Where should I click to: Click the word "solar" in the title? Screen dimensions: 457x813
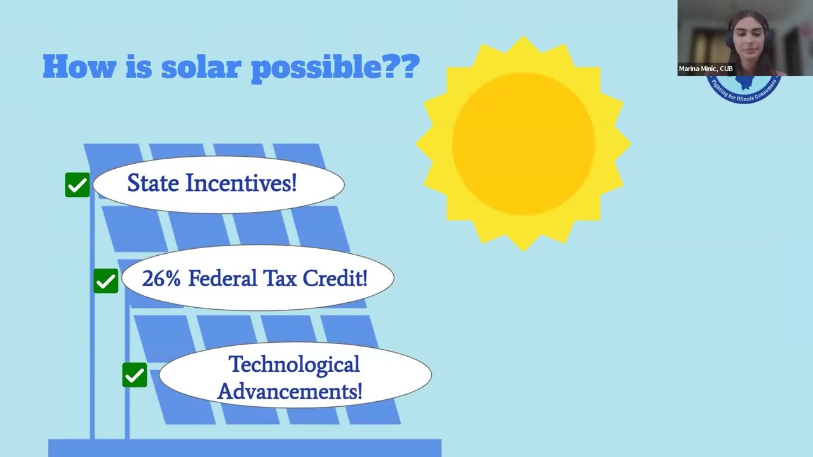[x=202, y=67]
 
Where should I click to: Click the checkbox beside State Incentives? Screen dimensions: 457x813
[x=77, y=185]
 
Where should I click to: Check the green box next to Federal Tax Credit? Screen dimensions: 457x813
[x=106, y=281]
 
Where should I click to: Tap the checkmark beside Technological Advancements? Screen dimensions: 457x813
[x=135, y=375]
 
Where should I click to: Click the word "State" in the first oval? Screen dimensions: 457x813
[x=153, y=183]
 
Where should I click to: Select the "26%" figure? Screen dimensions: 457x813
[x=162, y=279]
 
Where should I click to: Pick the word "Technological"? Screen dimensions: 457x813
[x=293, y=364]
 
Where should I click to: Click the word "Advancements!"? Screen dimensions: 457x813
[x=290, y=391]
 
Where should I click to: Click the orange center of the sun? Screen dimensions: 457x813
[x=523, y=144]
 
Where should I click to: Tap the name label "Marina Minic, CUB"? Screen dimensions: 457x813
[x=706, y=69]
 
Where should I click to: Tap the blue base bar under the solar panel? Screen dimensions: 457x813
[x=245, y=447]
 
